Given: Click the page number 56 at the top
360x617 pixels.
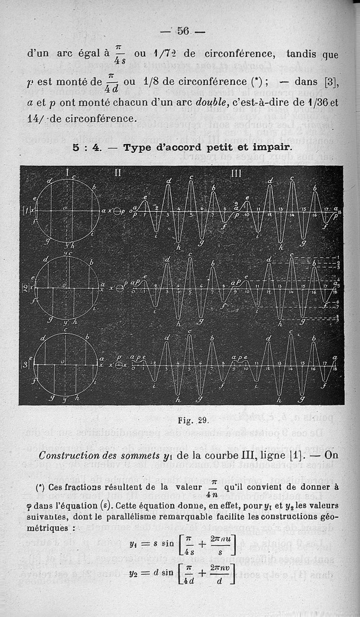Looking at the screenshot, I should click(x=183, y=31).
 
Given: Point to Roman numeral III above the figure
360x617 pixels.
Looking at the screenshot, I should click(x=235, y=173).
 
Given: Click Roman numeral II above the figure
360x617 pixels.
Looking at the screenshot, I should click(x=117, y=172).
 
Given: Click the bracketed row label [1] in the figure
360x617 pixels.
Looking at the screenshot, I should click(x=27, y=210).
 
